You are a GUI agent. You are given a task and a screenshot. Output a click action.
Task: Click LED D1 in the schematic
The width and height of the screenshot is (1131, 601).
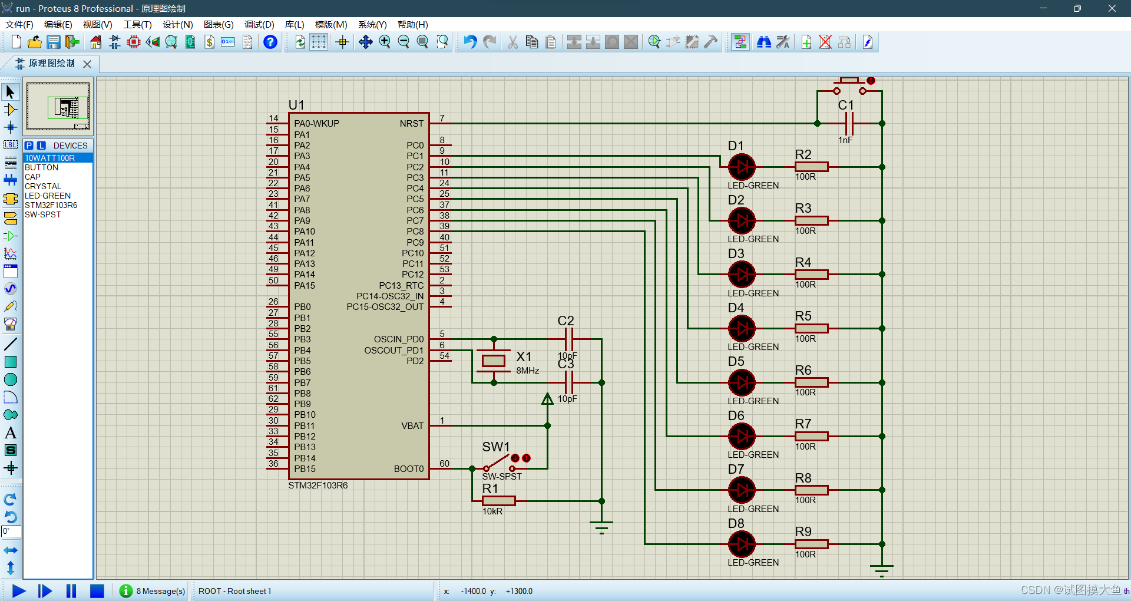(742, 167)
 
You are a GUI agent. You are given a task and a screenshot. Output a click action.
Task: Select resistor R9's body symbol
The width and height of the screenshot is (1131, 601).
(811, 544)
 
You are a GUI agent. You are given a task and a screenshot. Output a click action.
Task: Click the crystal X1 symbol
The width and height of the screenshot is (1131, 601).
(494, 361)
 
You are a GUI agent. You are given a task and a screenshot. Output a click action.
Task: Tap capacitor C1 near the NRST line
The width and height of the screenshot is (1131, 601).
(849, 124)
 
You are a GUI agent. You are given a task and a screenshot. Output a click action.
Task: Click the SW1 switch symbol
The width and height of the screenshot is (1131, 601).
(498, 463)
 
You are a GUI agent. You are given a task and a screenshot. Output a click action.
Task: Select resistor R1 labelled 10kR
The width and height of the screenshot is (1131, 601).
(498, 501)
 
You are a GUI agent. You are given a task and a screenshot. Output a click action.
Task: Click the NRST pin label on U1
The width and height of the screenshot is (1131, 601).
(411, 124)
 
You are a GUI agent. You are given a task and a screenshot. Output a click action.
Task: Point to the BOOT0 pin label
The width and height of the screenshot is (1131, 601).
(408, 469)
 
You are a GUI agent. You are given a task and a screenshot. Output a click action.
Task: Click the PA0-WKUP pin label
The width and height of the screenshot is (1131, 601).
(316, 124)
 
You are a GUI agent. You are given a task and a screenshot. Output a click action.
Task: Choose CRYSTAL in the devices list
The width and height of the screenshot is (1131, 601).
(42, 186)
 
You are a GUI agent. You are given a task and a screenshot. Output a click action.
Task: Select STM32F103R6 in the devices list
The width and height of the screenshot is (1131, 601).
(51, 205)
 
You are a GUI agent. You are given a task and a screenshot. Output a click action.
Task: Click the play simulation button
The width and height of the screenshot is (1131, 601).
(19, 591)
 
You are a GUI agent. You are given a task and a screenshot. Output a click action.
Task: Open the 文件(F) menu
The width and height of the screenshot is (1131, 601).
(19, 25)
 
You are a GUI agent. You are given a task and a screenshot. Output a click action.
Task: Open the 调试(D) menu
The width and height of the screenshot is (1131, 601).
(259, 25)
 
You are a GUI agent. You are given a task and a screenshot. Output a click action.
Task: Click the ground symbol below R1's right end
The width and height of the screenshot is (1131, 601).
(601, 526)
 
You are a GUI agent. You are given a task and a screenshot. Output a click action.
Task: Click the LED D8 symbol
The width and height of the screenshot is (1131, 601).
(742, 544)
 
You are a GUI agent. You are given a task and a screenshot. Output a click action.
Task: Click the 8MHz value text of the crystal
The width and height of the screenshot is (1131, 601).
(528, 371)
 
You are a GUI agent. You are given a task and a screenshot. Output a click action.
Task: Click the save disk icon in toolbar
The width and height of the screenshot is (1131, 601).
(54, 42)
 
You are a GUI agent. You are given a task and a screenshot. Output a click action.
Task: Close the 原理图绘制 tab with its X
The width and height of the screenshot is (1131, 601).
(87, 64)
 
